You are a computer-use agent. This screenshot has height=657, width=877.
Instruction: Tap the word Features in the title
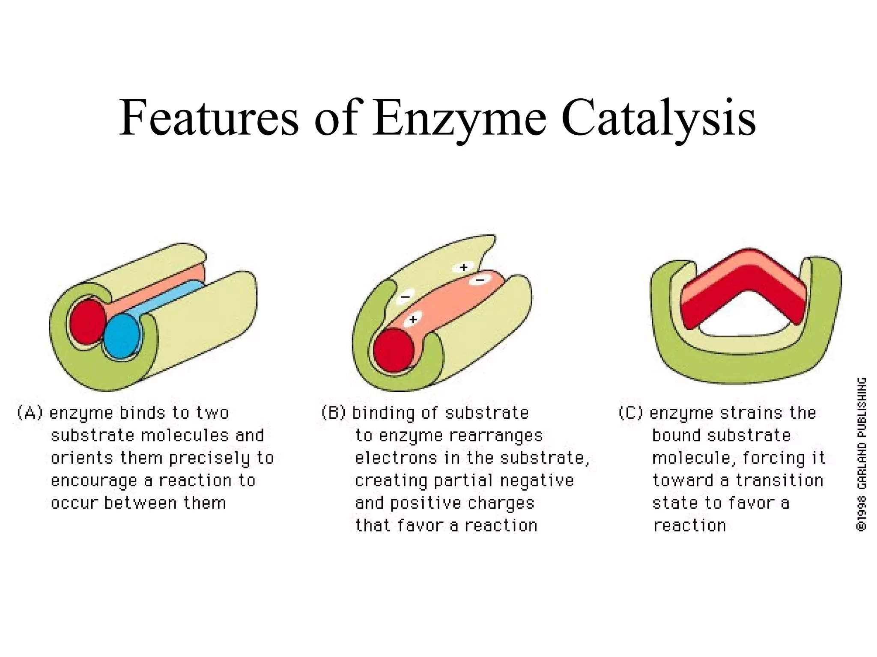209,118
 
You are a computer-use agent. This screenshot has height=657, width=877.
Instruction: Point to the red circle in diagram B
394,350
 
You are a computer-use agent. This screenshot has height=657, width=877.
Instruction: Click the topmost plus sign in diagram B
463,268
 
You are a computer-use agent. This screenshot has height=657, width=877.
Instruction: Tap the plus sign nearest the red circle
413,320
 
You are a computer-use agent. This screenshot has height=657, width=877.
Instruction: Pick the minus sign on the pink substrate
480,280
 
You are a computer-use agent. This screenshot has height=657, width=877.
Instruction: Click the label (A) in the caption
30,413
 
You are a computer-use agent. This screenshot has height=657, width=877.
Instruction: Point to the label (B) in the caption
333,413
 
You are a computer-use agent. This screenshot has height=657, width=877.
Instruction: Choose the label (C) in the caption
631,413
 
